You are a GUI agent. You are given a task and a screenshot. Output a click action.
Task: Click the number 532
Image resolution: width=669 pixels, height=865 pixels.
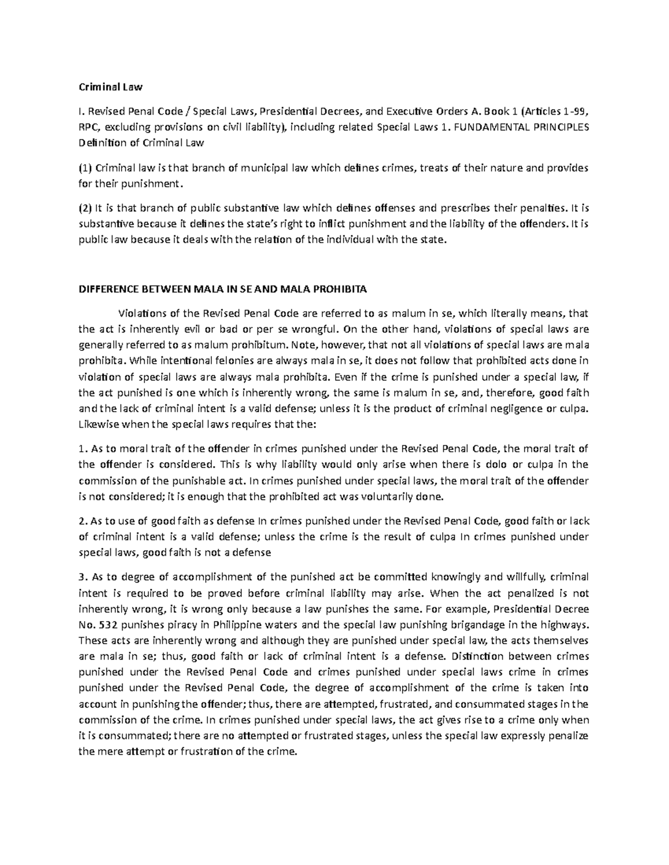coord(109,624)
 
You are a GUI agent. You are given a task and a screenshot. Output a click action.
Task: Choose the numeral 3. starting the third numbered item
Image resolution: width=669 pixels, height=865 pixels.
coord(83,576)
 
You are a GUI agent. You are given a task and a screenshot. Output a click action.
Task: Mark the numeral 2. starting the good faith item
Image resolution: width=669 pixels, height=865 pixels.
coord(83,521)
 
